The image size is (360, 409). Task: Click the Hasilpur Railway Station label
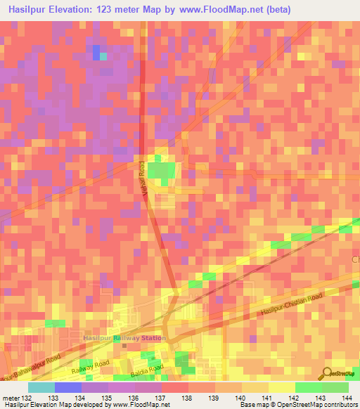[124, 338]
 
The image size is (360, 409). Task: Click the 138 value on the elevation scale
[186, 398]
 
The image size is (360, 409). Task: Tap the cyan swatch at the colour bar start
[41, 387]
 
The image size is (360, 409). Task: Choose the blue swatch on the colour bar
[68, 387]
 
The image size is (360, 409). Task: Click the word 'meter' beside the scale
[11, 398]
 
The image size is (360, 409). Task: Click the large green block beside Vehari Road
[162, 170]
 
